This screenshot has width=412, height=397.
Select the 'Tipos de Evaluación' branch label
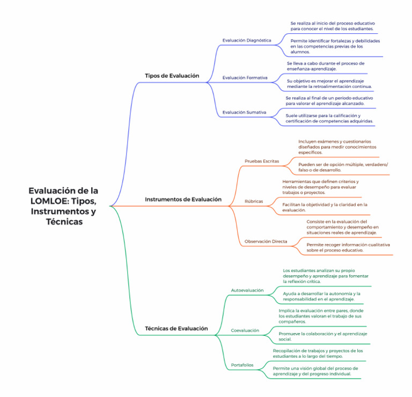[172, 76]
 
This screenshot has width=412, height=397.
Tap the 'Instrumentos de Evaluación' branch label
[183, 199]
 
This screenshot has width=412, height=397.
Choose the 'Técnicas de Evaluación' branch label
[176, 328]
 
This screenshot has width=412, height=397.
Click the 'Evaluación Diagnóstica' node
[247, 40]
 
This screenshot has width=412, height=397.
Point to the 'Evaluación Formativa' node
[245, 78]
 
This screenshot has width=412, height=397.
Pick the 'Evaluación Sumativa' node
[244, 112]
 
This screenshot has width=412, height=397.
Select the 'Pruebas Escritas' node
[262, 161]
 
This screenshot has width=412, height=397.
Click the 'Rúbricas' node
[254, 201]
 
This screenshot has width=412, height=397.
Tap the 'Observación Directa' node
[266, 241]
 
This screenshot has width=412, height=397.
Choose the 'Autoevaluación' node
[247, 290]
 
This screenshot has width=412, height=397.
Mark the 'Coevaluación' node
[245, 330]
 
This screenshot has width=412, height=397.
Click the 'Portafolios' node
[242, 365]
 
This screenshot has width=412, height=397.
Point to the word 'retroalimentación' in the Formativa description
[337, 86]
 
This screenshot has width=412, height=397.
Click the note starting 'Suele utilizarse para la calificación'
[329, 118]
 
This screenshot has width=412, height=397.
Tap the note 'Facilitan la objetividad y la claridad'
[325, 207]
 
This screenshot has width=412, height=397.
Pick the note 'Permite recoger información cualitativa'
[348, 247]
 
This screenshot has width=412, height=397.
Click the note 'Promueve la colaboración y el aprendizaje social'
[322, 336]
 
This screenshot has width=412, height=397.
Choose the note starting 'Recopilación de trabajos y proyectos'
[318, 353]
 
